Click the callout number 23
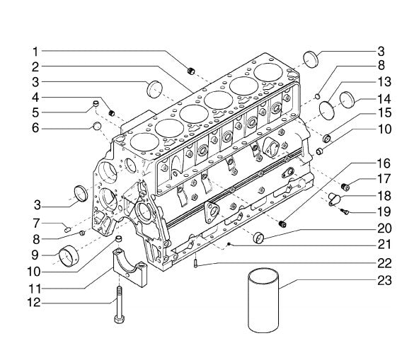[x=384, y=280]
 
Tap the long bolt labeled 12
[x=120, y=305]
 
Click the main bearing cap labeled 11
[x=130, y=267]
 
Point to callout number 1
[x=35, y=52]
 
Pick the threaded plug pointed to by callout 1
[x=191, y=71]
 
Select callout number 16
[x=384, y=163]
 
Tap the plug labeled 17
[x=345, y=187]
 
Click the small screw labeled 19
[x=345, y=211]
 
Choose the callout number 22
[x=384, y=263]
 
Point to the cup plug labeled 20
[x=258, y=237]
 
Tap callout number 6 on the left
[x=35, y=128]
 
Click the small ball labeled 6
[x=97, y=126]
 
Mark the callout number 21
[x=384, y=245]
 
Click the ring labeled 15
[x=327, y=138]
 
